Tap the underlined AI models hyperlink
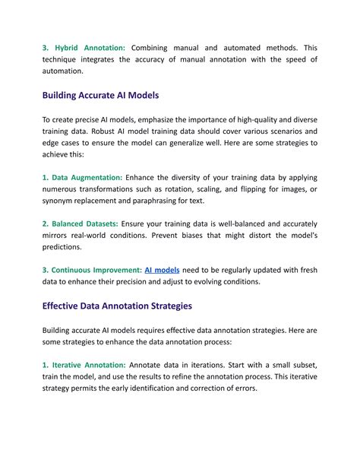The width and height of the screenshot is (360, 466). (x=162, y=270)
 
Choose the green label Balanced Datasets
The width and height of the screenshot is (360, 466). (x=80, y=223)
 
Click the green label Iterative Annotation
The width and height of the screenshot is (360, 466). (x=84, y=365)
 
